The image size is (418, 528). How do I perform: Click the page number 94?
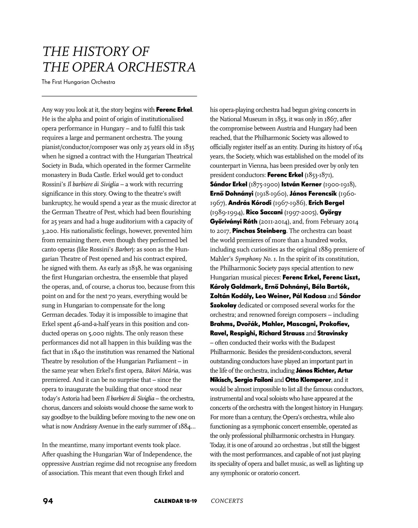click(48, 501)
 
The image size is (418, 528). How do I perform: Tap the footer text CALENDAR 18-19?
click(176, 501)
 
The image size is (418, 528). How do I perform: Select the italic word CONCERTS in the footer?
click(227, 501)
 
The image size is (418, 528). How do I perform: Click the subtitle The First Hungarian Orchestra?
click(79, 82)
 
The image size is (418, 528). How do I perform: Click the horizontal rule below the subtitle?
click(119, 96)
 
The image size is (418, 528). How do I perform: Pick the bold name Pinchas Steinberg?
click(259, 231)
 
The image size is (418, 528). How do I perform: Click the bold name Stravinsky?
click(333, 333)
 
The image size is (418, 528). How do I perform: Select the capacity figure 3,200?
click(49, 231)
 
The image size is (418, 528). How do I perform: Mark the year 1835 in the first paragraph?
click(189, 147)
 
